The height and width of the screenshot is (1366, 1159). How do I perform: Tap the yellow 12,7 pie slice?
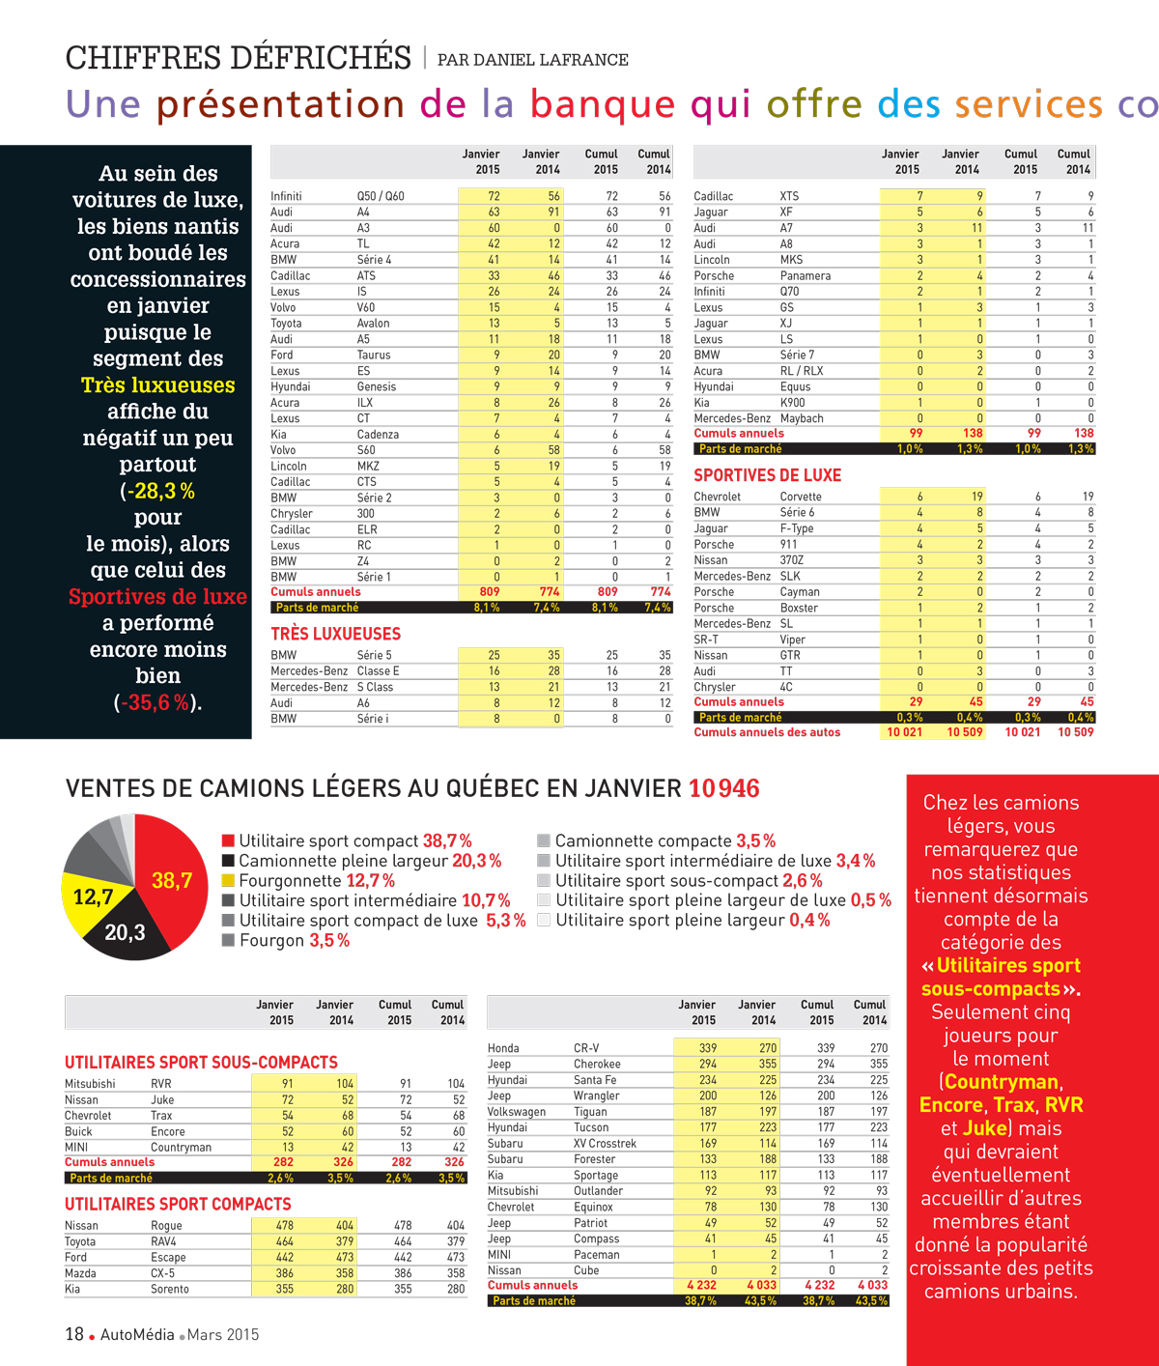89,900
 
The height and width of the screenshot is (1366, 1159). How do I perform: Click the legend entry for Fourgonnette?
308,880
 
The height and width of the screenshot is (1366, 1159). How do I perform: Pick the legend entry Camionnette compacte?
656,840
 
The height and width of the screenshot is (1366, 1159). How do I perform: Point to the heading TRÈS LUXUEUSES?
336,634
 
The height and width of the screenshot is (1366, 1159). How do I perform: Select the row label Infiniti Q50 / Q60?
337,196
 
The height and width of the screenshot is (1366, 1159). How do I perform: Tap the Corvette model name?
801,497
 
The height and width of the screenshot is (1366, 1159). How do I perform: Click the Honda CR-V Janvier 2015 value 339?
708,1048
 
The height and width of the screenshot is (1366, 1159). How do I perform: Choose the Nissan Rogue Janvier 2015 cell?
285,1225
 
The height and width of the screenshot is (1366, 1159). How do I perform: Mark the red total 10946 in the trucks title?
724,788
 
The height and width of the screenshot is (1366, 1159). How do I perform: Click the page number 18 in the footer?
74,1334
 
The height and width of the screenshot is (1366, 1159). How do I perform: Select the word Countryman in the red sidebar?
1002,1082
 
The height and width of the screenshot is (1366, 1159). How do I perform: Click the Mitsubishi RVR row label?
118,1084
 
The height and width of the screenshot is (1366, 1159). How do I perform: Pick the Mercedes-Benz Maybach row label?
758,418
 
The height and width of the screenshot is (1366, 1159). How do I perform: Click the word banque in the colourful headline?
603,104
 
